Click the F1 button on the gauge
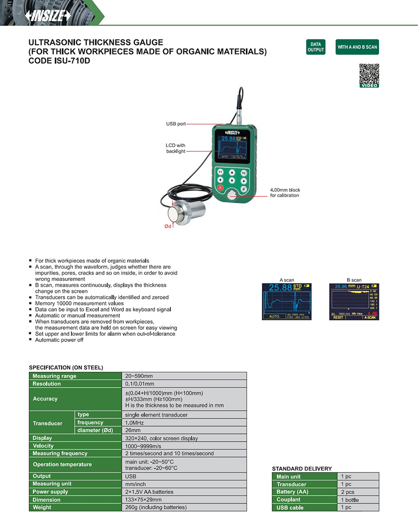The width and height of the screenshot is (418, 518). click(221, 172)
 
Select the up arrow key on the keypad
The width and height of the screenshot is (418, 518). click(232, 172)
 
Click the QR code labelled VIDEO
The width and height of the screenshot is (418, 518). click(369, 74)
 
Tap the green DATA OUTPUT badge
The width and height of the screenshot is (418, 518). click(315, 47)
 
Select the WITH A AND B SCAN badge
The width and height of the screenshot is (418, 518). click(357, 47)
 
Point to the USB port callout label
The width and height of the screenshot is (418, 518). click(176, 124)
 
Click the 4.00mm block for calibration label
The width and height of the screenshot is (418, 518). click(285, 193)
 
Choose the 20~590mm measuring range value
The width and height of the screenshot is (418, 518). click(139, 376)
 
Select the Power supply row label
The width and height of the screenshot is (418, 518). click(50, 492)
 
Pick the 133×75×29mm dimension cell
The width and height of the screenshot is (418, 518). click(144, 499)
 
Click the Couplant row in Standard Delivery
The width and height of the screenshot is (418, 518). click(288, 499)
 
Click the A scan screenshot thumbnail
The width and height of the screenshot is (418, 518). click(287, 301)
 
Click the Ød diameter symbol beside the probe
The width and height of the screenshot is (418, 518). click(168, 226)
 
